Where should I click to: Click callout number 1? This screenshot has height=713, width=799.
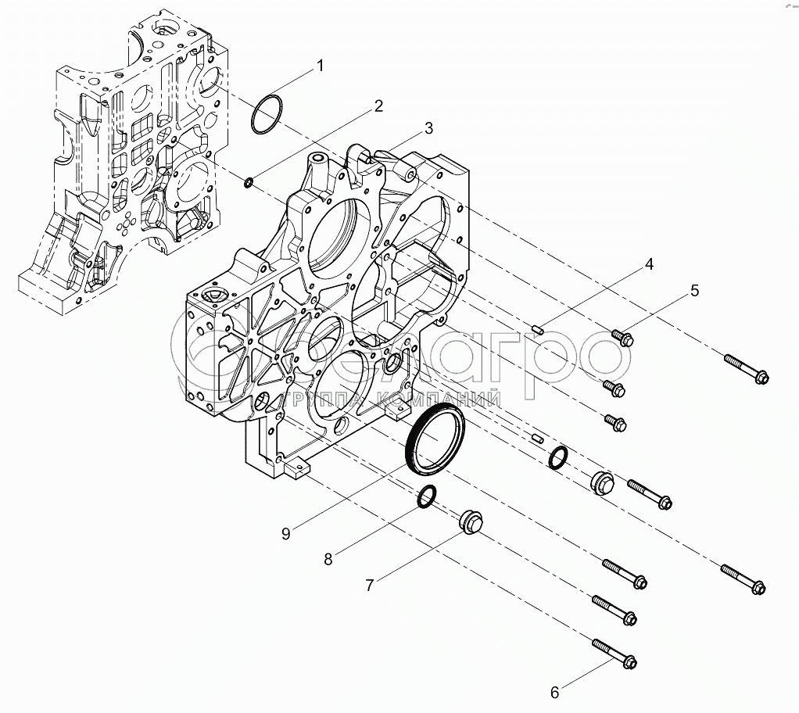pyautogui.click(x=320, y=67)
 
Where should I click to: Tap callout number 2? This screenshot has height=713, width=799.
pyautogui.click(x=378, y=106)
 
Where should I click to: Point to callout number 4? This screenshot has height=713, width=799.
pyautogui.click(x=648, y=265)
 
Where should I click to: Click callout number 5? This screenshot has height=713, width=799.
pyautogui.click(x=694, y=292)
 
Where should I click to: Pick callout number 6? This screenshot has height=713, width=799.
pyautogui.click(x=555, y=692)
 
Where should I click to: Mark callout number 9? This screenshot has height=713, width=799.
pyautogui.click(x=286, y=533)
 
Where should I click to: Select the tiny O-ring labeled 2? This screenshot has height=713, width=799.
pyautogui.click(x=248, y=183)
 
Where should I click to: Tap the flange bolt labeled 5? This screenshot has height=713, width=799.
pyautogui.click(x=622, y=339)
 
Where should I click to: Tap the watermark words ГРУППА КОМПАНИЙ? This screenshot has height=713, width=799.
pyautogui.click(x=395, y=401)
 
